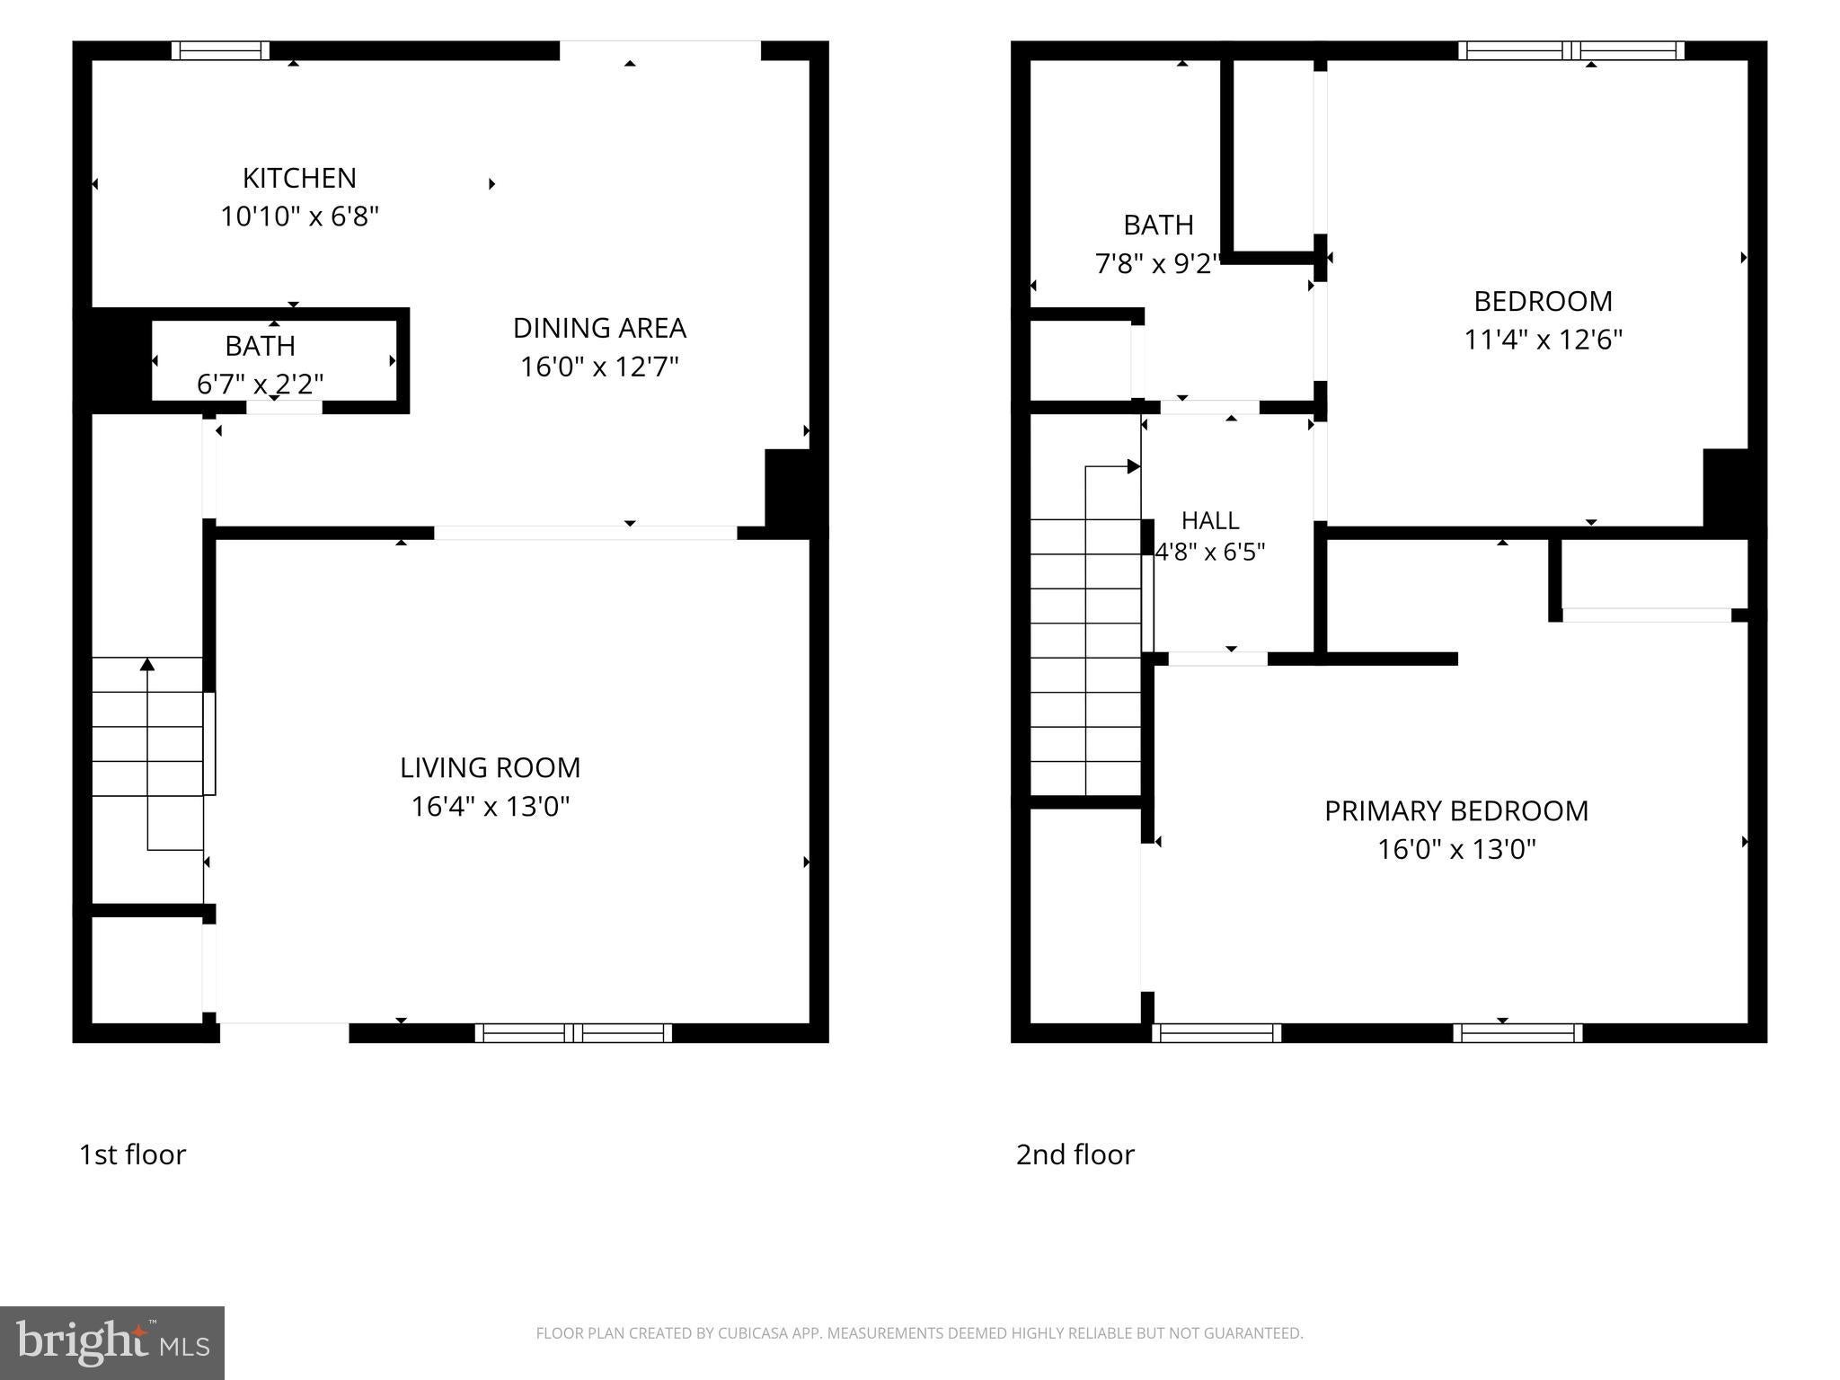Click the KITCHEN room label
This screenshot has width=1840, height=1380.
click(x=299, y=178)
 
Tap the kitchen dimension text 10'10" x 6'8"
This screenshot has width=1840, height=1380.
click(x=300, y=217)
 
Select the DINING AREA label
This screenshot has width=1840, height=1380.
click(x=599, y=328)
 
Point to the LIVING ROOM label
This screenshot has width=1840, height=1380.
click(x=491, y=767)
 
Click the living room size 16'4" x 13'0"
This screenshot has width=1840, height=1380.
click(x=491, y=806)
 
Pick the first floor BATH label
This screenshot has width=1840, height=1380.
click(x=261, y=346)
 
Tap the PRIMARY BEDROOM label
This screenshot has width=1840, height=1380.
click(x=1456, y=810)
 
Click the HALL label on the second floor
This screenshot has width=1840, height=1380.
click(x=1210, y=520)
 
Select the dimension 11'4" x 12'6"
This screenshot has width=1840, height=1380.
click(x=1544, y=340)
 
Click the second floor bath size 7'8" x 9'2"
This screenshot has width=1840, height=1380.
click(x=1158, y=263)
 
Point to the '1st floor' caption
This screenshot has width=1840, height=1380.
click(x=133, y=1154)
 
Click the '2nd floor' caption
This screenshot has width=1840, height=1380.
click(x=1075, y=1154)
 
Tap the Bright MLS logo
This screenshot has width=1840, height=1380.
click(x=112, y=1343)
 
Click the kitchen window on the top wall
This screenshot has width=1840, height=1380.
click(x=220, y=50)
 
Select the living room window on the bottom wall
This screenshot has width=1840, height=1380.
click(x=573, y=1033)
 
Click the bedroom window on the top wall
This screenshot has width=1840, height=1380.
click(x=1571, y=50)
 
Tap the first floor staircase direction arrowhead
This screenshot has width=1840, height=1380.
click(x=147, y=664)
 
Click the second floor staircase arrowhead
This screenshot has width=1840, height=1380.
click(x=1134, y=466)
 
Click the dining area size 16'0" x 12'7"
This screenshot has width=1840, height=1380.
click(x=599, y=367)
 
